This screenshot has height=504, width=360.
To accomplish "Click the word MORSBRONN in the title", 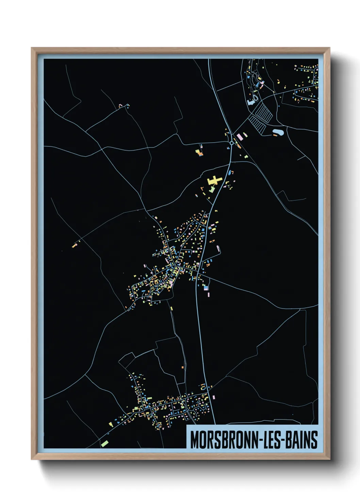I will (x=223, y=440).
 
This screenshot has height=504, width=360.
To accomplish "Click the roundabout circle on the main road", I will (x=232, y=143).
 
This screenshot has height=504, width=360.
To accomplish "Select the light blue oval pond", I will (x=278, y=131).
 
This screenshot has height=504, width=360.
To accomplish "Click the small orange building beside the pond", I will (x=275, y=135).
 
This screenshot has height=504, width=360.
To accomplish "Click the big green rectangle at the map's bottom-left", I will (x=105, y=443).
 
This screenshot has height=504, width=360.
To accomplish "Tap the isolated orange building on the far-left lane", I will (x=74, y=245).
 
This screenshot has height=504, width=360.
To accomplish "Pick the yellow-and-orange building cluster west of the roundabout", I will (x=199, y=152).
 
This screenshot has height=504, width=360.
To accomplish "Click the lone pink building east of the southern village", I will (x=214, y=397).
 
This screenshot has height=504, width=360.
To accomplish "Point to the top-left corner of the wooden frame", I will (x=32, y=48).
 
